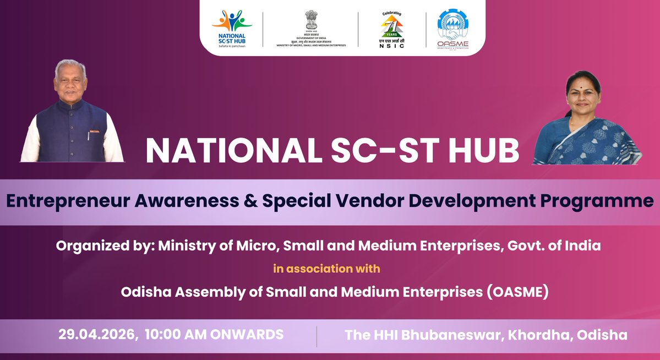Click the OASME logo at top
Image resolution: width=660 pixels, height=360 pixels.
[x=453, y=28]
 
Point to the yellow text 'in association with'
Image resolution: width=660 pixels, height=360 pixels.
[x=326, y=269]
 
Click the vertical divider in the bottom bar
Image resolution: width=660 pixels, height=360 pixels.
[x=317, y=336]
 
